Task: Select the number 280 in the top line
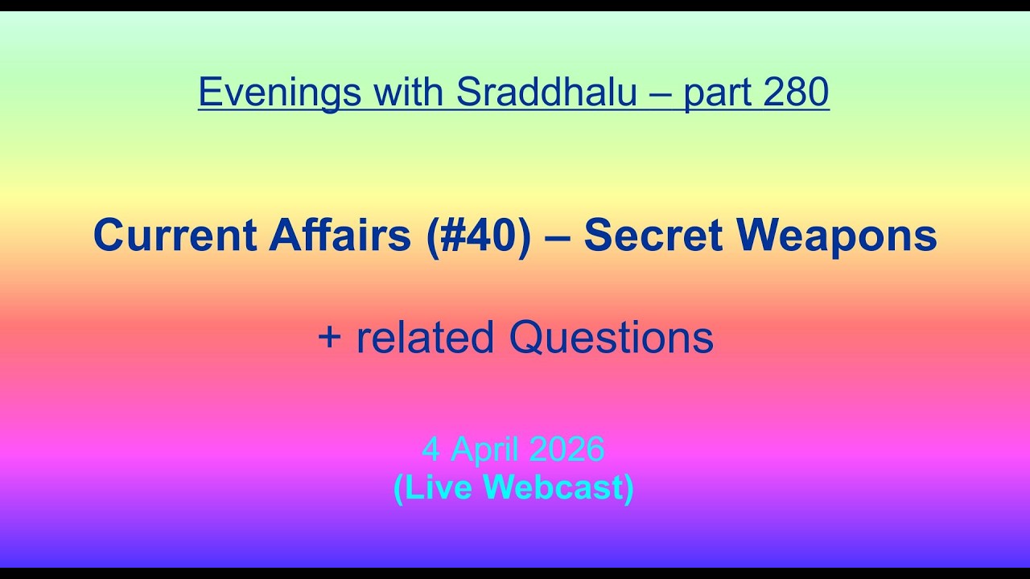coord(796,92)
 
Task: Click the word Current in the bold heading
coord(174,236)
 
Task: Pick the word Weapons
coord(837,236)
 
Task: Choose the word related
coord(424,338)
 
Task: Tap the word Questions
coord(612,338)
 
